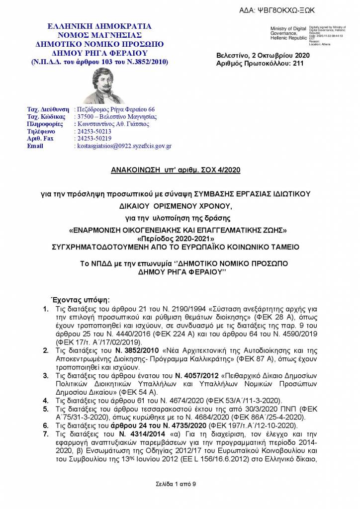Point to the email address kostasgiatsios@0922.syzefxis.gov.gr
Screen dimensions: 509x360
point(123,146)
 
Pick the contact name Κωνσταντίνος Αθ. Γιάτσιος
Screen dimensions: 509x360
point(112,124)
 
